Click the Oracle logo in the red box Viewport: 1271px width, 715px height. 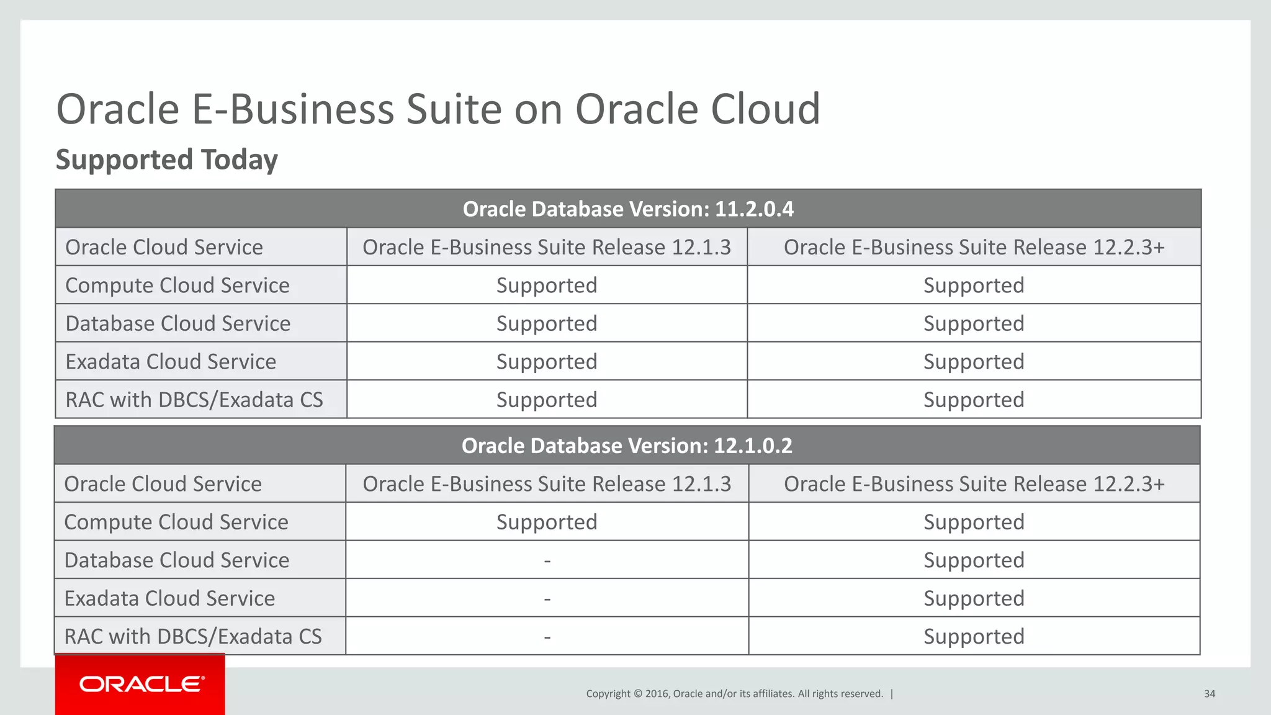(141, 684)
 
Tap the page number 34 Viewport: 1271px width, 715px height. (1210, 694)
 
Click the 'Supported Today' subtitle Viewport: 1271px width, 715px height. (167, 160)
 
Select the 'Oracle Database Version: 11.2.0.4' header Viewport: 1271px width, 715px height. (628, 209)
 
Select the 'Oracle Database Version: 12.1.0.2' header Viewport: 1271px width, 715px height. (627, 446)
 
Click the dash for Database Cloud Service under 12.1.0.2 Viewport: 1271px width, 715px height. (547, 560)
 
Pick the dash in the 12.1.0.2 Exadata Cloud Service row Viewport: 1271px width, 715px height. (547, 599)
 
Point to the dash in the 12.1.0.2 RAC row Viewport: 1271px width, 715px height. (547, 637)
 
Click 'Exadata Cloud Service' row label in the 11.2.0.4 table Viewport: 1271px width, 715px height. (171, 362)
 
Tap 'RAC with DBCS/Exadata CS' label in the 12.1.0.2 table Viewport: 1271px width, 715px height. (193, 637)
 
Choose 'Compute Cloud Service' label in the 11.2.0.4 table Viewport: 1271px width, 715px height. (177, 286)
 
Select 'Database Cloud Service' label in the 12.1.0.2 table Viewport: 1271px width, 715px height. (177, 560)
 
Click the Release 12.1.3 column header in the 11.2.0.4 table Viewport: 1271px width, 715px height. (547, 247)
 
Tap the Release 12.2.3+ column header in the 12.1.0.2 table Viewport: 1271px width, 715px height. (974, 484)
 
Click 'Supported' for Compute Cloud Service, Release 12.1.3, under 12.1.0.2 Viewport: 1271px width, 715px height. (547, 522)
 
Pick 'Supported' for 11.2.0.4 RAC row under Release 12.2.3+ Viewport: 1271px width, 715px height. (974, 400)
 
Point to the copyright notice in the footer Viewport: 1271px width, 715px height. (735, 694)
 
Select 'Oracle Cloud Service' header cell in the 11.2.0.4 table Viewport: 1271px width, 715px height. (164, 247)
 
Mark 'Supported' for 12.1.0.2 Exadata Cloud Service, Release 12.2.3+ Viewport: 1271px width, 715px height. (974, 598)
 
